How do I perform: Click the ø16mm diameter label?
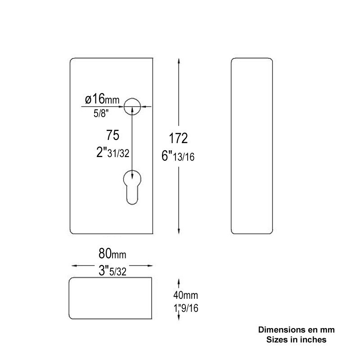pyautogui.click(x=102, y=99)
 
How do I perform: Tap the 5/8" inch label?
pyautogui.click(x=101, y=113)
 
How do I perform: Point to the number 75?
pyautogui.click(x=112, y=135)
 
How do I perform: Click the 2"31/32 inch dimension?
pyautogui.click(x=113, y=153)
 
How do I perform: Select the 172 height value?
pyautogui.click(x=178, y=138)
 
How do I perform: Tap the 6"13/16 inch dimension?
pyautogui.click(x=178, y=156)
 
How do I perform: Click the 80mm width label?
pyautogui.click(x=112, y=253)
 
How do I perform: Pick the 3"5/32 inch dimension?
pyautogui.click(x=112, y=271)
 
